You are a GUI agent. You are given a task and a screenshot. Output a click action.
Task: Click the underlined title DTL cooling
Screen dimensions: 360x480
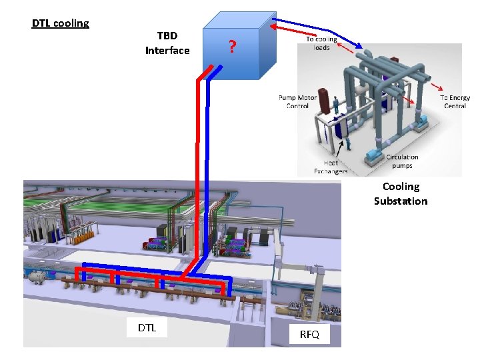click(x=60, y=23)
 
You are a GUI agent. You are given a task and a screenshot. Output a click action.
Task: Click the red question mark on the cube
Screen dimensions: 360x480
click(x=231, y=47)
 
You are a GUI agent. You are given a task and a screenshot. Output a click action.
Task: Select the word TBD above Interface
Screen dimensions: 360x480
click(x=167, y=35)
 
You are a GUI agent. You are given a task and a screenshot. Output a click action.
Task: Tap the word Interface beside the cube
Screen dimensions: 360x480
click(x=167, y=51)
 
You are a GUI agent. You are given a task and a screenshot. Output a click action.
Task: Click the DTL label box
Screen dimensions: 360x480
click(x=147, y=327)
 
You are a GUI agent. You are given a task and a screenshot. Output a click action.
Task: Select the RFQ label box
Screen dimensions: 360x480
click(x=309, y=334)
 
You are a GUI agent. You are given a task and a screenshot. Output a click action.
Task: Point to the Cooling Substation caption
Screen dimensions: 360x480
click(x=400, y=194)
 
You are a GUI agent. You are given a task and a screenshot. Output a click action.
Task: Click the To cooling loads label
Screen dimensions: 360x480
click(x=321, y=43)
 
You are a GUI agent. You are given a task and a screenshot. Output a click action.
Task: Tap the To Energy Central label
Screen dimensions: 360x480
click(x=455, y=101)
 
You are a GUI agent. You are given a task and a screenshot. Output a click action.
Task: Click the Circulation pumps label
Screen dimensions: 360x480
click(x=403, y=161)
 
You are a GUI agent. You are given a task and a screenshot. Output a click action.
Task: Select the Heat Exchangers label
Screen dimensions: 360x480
click(x=331, y=167)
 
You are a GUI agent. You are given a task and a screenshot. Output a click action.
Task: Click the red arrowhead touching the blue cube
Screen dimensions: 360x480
click(x=275, y=27)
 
